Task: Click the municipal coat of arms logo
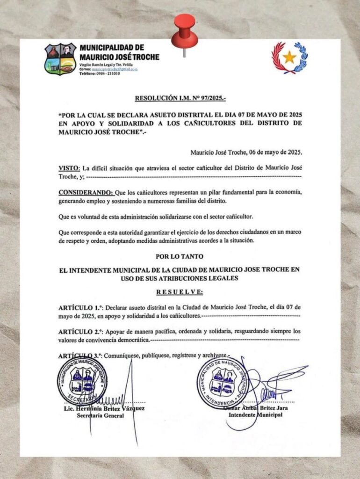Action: pyautogui.click(x=60, y=59)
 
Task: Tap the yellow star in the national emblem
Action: pyautogui.click(x=289, y=58)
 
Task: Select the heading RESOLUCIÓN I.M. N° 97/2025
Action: pyautogui.click(x=180, y=99)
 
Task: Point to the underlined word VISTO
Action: pyautogui.click(x=69, y=168)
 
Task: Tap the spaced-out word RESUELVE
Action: pyautogui.click(x=180, y=292)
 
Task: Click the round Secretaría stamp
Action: pyautogui.click(x=82, y=380)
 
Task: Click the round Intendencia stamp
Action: pyautogui.click(x=222, y=382)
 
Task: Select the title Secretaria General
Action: pyautogui.click(x=101, y=415)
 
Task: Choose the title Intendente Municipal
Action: pyautogui.click(x=255, y=414)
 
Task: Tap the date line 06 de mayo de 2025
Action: pyautogui.click(x=246, y=152)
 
